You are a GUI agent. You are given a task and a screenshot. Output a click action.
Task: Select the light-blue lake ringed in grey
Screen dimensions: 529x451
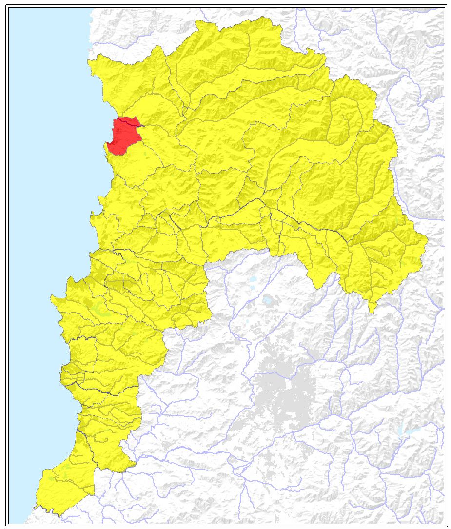pos(268,300)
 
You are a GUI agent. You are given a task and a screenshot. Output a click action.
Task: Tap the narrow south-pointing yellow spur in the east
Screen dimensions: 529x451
pos(372,307)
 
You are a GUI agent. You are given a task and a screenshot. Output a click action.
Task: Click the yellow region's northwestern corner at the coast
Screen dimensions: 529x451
pos(89,61)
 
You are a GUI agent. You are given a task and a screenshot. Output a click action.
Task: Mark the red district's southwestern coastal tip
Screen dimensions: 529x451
pos(108,145)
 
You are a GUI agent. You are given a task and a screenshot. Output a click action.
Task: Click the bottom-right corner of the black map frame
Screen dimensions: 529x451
pos(447,525)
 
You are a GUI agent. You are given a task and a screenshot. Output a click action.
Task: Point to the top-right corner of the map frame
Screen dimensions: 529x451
pos(447,5)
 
